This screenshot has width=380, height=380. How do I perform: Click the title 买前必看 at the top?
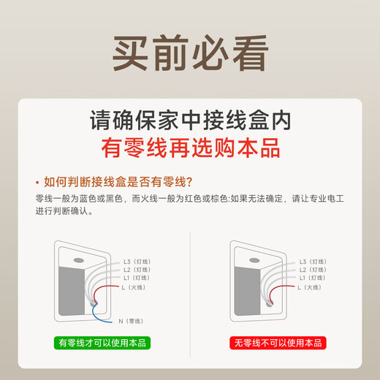(189, 50)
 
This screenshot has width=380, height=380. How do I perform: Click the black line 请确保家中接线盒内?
(189, 119)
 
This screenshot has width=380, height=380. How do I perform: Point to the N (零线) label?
(131, 321)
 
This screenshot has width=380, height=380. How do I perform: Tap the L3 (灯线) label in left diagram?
(137, 261)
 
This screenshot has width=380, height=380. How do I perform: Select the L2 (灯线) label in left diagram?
(137, 270)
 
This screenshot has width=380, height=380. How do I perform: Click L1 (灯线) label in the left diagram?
(137, 278)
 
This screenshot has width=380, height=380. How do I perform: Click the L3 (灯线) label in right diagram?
(313, 261)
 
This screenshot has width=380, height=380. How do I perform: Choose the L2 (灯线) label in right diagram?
(313, 270)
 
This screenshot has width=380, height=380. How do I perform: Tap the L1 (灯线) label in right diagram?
(313, 278)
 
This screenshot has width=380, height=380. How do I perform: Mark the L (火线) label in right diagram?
(309, 287)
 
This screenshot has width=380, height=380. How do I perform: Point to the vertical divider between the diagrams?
(190, 292)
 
